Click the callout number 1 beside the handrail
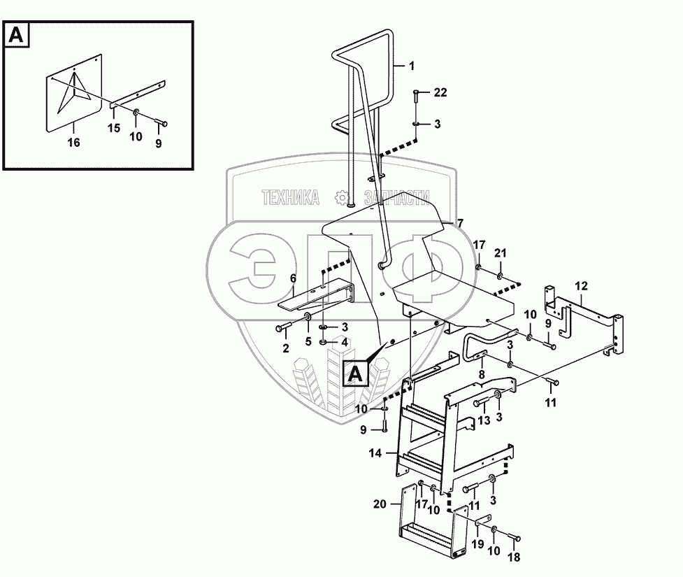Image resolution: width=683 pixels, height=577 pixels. tap(411, 66)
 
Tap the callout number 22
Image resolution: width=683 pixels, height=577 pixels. tap(440, 92)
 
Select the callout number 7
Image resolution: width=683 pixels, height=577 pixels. tap(461, 223)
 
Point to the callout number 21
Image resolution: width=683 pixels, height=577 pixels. tap(501, 253)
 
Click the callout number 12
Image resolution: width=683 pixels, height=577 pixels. tap(582, 286)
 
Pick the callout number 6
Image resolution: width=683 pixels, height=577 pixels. tap(293, 278)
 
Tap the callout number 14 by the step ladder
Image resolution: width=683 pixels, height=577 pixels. tap(375, 453)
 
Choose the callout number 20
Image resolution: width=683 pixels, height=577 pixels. tap(380, 504)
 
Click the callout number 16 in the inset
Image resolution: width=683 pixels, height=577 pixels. tap(73, 143)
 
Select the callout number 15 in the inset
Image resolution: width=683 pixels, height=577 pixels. tap(114, 129)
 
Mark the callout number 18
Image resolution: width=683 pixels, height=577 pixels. tap(514, 557)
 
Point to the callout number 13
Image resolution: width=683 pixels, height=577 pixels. tap(484, 420)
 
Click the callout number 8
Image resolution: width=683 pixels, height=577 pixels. tap(482, 374)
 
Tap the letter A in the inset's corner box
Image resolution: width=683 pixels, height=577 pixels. tap(16, 34)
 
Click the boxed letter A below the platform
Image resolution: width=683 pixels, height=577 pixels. tap(356, 374)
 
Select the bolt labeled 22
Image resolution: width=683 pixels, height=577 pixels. tap(415, 96)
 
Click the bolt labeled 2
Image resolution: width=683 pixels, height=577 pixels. tap(282, 327)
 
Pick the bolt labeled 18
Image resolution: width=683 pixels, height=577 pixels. tap(514, 537)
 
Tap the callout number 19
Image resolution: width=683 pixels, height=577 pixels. tap(478, 544)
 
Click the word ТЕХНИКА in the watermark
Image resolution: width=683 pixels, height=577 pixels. tap(291, 197)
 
